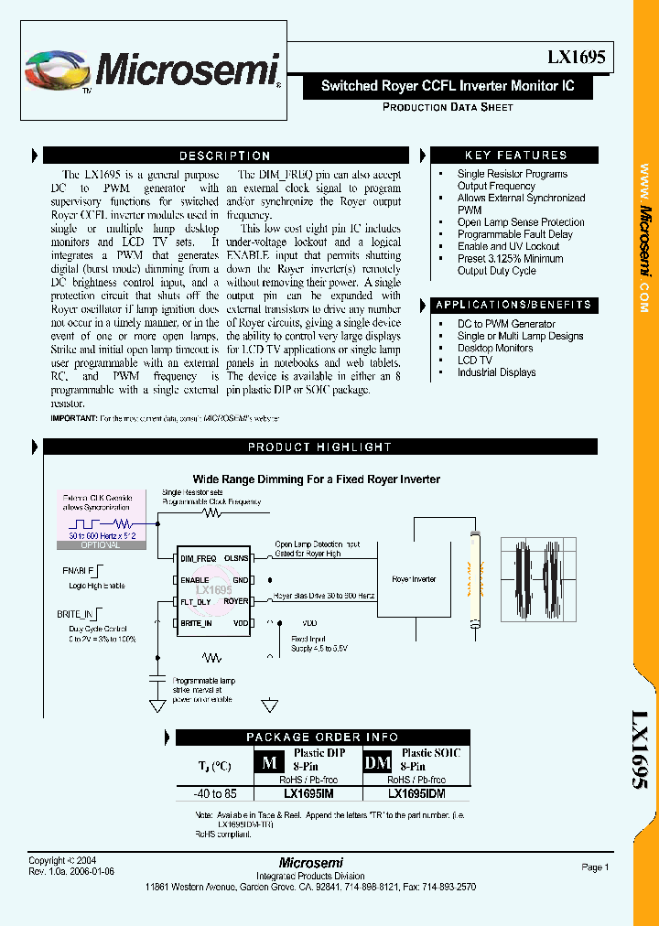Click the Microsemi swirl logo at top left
(58, 70)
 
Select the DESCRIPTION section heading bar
(224, 156)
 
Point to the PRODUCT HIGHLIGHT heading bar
(319, 447)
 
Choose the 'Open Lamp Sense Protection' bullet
(521, 222)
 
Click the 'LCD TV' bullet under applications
(474, 361)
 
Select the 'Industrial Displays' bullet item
(496, 372)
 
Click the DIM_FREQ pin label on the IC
(199, 557)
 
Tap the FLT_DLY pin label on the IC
(197, 601)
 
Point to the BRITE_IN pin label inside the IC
(197, 623)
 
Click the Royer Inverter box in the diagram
(414, 579)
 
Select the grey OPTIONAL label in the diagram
(100, 545)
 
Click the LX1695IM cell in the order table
(308, 794)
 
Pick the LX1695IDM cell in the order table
(416, 794)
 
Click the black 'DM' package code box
(377, 762)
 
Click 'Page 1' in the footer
(594, 867)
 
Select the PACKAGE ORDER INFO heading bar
(322, 737)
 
